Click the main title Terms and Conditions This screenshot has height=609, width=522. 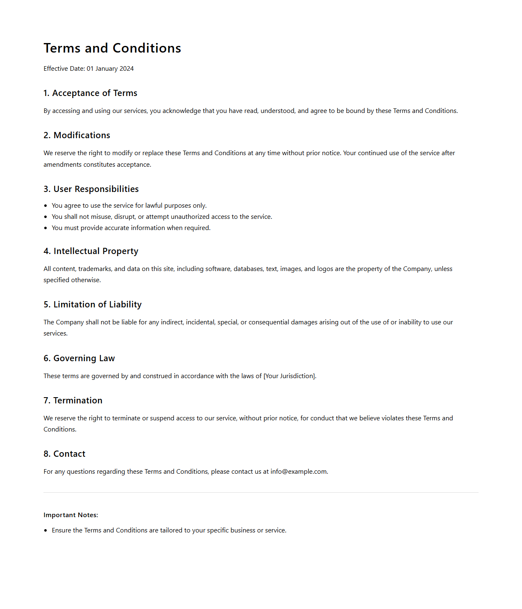point(112,48)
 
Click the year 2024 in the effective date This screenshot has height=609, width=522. point(126,69)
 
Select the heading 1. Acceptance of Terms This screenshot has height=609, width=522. point(91,94)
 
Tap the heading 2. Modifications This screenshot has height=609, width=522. point(77,136)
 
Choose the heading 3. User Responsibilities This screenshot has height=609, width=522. point(91,189)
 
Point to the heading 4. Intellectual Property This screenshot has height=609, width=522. point(91,252)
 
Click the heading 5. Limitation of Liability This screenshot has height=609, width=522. point(93,305)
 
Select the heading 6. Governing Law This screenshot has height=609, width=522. point(79,359)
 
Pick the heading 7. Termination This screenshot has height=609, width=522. point(73,401)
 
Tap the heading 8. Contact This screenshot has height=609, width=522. point(64,454)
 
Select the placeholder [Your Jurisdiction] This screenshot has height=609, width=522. point(289,376)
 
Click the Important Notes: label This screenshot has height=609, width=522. point(71,515)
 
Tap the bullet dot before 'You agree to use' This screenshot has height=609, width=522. point(45,206)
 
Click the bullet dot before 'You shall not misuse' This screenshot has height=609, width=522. point(45,217)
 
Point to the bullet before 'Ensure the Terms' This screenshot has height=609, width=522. point(45,530)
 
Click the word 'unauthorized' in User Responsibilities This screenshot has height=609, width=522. point(190,217)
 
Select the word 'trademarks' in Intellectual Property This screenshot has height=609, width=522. point(95,269)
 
